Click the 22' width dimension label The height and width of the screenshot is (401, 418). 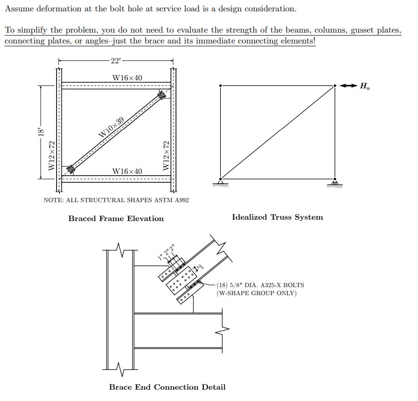click(116, 61)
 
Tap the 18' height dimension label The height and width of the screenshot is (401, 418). click(41, 132)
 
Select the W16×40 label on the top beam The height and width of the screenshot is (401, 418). click(127, 77)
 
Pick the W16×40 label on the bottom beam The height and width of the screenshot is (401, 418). click(127, 171)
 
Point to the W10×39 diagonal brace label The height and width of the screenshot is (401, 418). click(111, 127)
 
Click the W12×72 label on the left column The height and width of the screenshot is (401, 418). click(52, 156)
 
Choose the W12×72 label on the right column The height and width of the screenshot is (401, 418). click(166, 156)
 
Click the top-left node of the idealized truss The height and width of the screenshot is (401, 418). click(220, 85)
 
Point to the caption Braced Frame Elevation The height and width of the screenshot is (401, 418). click(116, 219)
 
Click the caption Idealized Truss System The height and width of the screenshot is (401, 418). click(277, 217)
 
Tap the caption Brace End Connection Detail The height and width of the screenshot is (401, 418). click(167, 387)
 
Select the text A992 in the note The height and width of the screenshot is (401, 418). click(180, 200)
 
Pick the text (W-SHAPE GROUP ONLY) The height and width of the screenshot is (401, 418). click(257, 293)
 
